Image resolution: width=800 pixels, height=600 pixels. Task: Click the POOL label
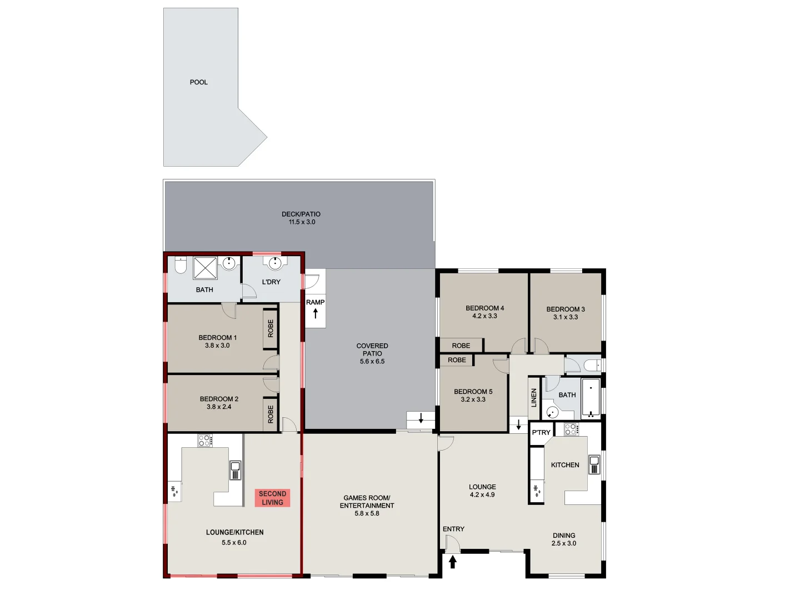tap(198, 82)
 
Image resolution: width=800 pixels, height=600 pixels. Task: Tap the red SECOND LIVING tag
tap(272, 498)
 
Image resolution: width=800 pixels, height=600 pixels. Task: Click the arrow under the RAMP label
tap(315, 314)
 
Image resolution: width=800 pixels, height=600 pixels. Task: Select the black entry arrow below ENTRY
tap(452, 562)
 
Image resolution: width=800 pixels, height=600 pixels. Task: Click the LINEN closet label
tap(534, 397)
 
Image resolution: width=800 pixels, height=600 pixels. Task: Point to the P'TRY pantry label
tap(541, 432)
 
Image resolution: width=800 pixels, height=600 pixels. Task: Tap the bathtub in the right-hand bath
tap(591, 398)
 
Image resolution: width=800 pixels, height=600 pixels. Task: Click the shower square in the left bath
tap(205, 268)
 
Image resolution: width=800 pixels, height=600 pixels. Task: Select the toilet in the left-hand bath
tap(180, 265)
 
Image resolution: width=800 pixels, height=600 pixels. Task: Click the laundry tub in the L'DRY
tap(274, 262)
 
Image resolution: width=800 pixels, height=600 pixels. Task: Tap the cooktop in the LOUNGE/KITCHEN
tap(204, 441)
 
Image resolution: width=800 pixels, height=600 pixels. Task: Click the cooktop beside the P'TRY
tap(571, 429)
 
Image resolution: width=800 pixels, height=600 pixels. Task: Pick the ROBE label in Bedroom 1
tap(271, 328)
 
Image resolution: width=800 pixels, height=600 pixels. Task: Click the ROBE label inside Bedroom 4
tap(461, 346)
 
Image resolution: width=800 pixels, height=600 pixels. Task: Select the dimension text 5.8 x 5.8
tap(367, 514)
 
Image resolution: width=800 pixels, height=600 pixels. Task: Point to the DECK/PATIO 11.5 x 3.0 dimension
tap(301, 222)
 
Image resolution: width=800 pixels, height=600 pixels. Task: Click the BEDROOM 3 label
tap(565, 309)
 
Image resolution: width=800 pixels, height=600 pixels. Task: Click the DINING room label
tap(563, 536)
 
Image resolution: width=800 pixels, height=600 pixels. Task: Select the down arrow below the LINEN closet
tap(518, 425)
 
